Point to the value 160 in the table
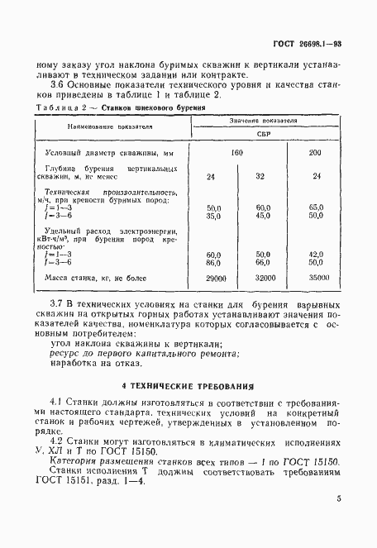(x=236, y=154)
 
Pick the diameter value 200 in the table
(x=315, y=154)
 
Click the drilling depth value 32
(x=260, y=175)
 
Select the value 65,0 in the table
(x=316, y=207)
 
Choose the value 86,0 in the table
(x=213, y=261)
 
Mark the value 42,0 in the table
(x=316, y=254)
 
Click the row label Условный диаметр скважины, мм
(x=98, y=154)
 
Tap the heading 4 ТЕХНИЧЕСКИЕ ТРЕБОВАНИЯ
(x=188, y=386)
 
